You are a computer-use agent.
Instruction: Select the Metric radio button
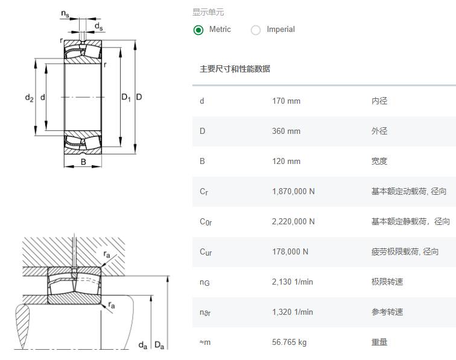[x=198, y=30]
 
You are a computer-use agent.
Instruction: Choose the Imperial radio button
[x=256, y=30]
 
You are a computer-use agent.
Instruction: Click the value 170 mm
[x=286, y=101]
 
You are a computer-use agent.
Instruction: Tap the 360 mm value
[x=286, y=131]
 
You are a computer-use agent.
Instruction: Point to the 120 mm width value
[x=286, y=161]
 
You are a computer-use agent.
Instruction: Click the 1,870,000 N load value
[x=293, y=191]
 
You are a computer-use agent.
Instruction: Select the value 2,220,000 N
[x=293, y=221]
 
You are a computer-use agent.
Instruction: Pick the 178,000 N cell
[x=290, y=251]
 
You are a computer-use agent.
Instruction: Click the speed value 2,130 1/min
[x=293, y=282]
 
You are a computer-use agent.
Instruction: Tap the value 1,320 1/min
[x=293, y=312]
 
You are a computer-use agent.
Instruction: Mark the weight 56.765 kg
[x=289, y=342]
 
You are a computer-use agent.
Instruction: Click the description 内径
[x=379, y=101]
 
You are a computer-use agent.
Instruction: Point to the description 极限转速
[x=387, y=282]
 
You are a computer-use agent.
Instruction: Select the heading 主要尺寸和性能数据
[x=235, y=69]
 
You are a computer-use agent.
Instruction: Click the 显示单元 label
[x=208, y=12]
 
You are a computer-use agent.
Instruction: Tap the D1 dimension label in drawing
[x=126, y=97]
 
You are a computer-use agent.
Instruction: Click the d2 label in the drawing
[x=29, y=97]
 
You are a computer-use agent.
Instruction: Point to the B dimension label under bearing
[x=83, y=162]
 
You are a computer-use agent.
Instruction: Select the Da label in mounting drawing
[x=159, y=345]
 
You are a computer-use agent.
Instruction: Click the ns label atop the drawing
[x=65, y=13]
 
